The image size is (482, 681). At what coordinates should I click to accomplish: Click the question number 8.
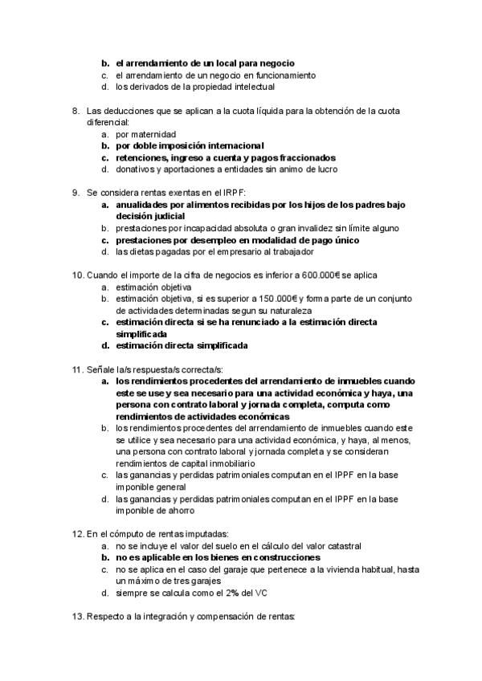76,111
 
